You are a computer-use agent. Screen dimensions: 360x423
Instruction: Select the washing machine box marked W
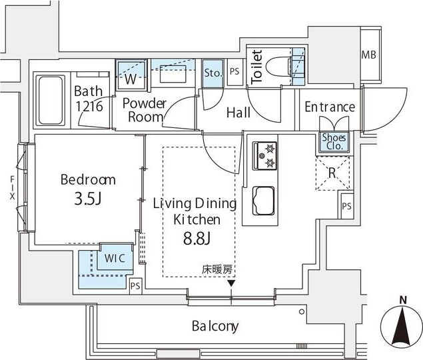pos(131,77)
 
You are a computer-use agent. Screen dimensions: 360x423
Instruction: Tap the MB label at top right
pos(368,54)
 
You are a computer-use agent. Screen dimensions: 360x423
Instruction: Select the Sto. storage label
pos(212,71)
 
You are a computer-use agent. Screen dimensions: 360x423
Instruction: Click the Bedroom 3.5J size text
pos(88,199)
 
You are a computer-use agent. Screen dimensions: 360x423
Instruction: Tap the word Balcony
pos(215,326)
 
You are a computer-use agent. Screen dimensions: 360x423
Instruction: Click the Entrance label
pos(330,107)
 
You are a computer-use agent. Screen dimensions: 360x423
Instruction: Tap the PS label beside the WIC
pos(136,287)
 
